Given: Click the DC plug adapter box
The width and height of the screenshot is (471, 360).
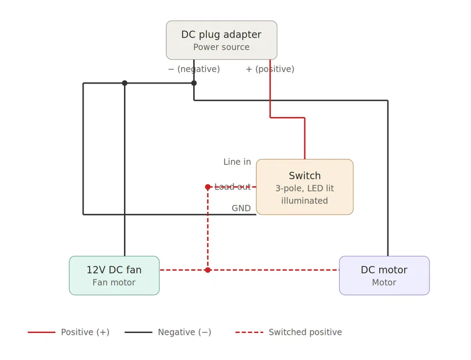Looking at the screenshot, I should pyautogui.click(x=221, y=40).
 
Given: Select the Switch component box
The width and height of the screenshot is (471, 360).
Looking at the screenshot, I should pyautogui.click(x=304, y=187).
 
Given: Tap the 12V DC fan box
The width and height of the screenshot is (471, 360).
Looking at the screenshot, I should pyautogui.click(x=114, y=275).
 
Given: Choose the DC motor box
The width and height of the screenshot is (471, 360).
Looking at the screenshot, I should pyautogui.click(x=384, y=275).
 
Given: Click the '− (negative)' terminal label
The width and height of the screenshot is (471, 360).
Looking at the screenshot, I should pyautogui.click(x=194, y=69).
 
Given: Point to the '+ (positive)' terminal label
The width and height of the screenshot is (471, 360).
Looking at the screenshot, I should pyautogui.click(x=270, y=69).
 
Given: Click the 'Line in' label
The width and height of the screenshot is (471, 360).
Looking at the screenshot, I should pyautogui.click(x=237, y=162).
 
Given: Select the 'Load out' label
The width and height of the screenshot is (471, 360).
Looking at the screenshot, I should pyautogui.click(x=232, y=187).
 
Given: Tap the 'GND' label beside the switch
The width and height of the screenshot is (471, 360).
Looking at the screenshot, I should pyautogui.click(x=241, y=209).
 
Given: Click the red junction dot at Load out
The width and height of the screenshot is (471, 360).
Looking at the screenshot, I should pyautogui.click(x=208, y=187).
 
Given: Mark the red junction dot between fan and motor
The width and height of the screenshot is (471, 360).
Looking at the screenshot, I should pyautogui.click(x=208, y=270).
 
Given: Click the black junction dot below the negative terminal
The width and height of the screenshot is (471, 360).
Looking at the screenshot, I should pyautogui.click(x=194, y=83).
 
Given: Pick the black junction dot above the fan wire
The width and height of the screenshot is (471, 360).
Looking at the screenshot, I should pyautogui.click(x=125, y=83).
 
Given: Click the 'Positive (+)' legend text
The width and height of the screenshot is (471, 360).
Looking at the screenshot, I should pyautogui.click(x=85, y=332).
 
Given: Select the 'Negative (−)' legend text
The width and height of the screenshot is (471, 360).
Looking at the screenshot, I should pyautogui.click(x=184, y=332).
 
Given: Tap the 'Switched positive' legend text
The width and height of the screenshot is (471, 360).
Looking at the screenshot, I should pyautogui.click(x=305, y=332).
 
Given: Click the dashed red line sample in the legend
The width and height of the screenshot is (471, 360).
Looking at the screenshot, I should pyautogui.click(x=249, y=332).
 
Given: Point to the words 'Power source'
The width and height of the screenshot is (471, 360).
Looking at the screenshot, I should pyautogui.click(x=221, y=47).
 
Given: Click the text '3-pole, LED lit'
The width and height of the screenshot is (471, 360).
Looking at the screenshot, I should pyautogui.click(x=304, y=188).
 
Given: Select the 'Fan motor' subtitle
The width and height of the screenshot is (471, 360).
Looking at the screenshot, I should pyautogui.click(x=114, y=283).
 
